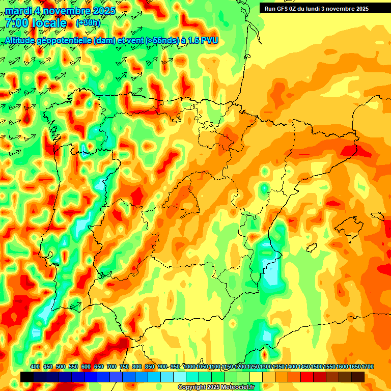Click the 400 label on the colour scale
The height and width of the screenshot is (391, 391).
point(35,367)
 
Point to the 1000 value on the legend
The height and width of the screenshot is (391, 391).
point(189,367)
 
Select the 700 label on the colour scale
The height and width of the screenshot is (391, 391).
point(111,367)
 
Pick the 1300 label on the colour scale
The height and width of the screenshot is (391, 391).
point(266,367)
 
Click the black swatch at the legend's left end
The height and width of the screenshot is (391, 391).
point(27,377)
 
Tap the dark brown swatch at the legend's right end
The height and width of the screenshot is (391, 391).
point(358,377)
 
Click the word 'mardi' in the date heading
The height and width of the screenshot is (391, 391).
point(18,11)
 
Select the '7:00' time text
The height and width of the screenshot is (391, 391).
point(16,23)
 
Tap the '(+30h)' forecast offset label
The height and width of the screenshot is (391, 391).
point(88,23)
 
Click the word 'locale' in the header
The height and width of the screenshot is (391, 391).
point(49,23)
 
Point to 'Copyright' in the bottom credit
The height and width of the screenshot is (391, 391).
point(192,387)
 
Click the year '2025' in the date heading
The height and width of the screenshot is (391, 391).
point(101,11)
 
